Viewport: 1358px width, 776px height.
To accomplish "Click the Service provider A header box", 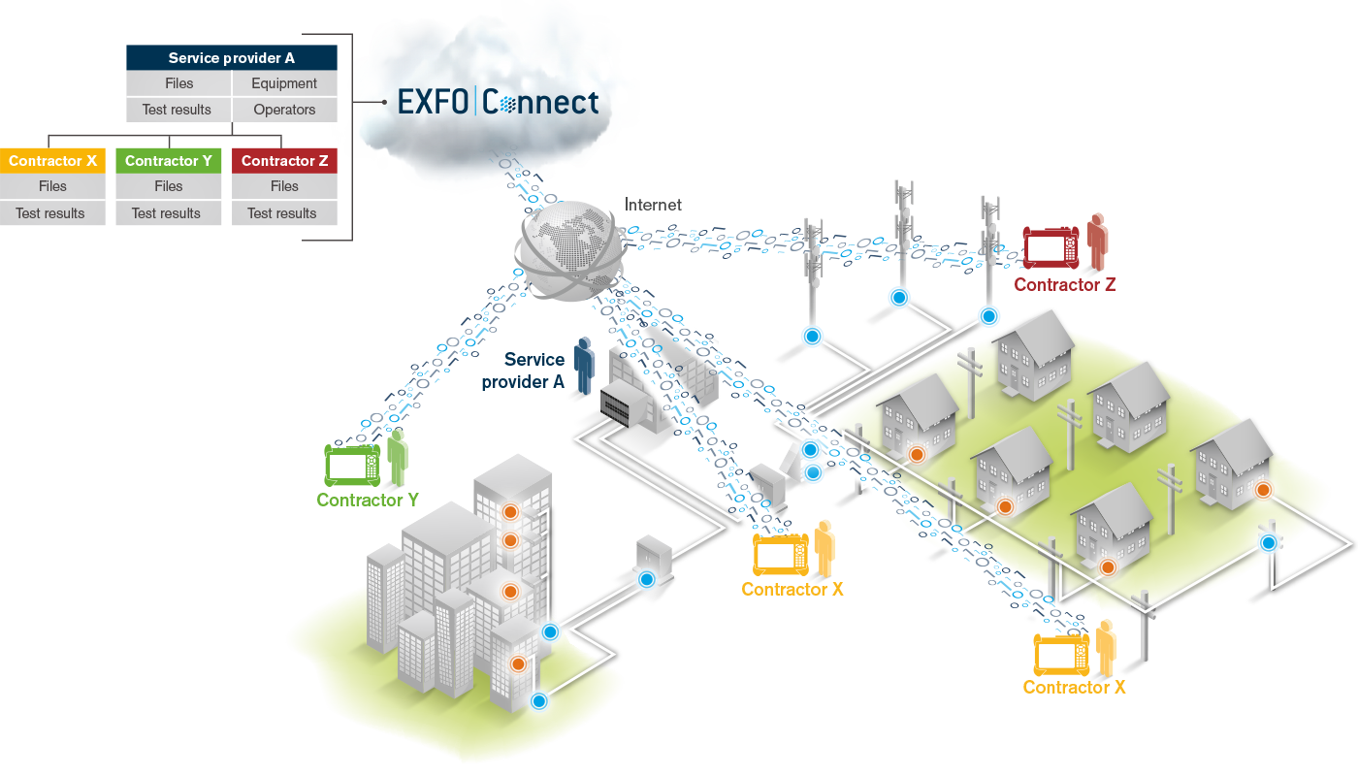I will pyautogui.click(x=232, y=58).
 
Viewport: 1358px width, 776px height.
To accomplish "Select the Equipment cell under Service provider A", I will pyautogui.click(x=284, y=83).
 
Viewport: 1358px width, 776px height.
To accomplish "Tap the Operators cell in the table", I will pyautogui.click(x=284, y=110).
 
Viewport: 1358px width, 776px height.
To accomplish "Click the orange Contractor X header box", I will pyautogui.click(x=52, y=161).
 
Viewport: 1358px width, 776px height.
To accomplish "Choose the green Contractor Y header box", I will pyautogui.click(x=169, y=161).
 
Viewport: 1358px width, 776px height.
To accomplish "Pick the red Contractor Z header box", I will pyautogui.click(x=284, y=161).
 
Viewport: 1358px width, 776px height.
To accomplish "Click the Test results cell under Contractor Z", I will pyautogui.click(x=284, y=213).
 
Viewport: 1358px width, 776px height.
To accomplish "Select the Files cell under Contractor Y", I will pyautogui.click(x=169, y=186).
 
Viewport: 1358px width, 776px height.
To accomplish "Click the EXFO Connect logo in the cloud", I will pyautogui.click(x=498, y=102).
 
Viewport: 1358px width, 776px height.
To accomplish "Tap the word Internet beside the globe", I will pyautogui.click(x=653, y=205).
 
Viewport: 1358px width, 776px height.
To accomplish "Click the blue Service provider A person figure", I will pyautogui.click(x=583, y=365).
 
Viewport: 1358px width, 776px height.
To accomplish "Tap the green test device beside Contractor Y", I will pyautogui.click(x=353, y=466).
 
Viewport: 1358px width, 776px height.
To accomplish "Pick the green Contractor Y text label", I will pyautogui.click(x=368, y=501).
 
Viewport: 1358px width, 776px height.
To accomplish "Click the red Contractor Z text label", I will pyautogui.click(x=1064, y=285).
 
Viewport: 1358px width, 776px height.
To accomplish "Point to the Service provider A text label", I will pyautogui.click(x=524, y=371).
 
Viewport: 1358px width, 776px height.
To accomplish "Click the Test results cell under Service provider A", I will pyautogui.click(x=177, y=110).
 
